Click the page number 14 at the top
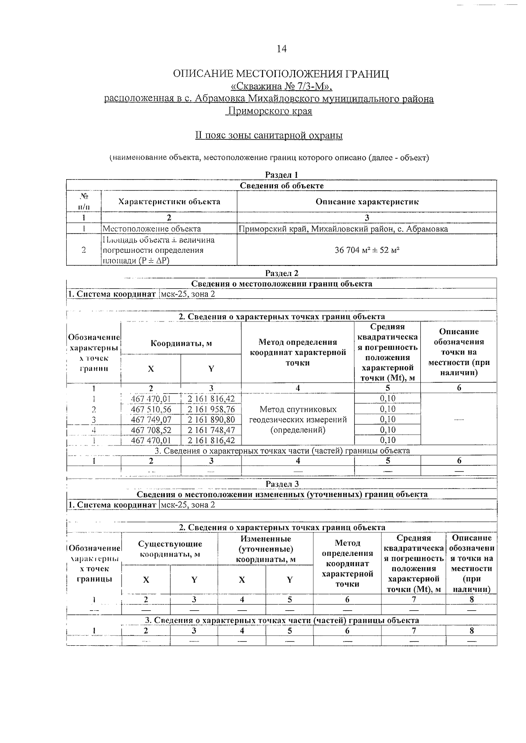(281, 49)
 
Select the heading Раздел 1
(282, 175)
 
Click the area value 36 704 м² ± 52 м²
(367, 250)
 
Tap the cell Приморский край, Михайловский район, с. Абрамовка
(343, 229)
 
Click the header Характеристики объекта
(169, 202)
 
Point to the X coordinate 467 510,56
(151, 409)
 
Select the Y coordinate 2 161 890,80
(211, 420)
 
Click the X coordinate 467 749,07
(151, 420)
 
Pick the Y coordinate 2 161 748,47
(211, 430)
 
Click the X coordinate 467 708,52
(151, 430)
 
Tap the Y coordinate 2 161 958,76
(211, 409)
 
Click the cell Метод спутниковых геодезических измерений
(298, 419)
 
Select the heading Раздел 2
(282, 273)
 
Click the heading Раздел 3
(282, 484)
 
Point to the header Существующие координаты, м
(170, 549)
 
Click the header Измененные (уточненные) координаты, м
(266, 549)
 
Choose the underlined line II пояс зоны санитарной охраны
(269, 135)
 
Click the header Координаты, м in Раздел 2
(181, 343)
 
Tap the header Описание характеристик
(367, 202)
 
